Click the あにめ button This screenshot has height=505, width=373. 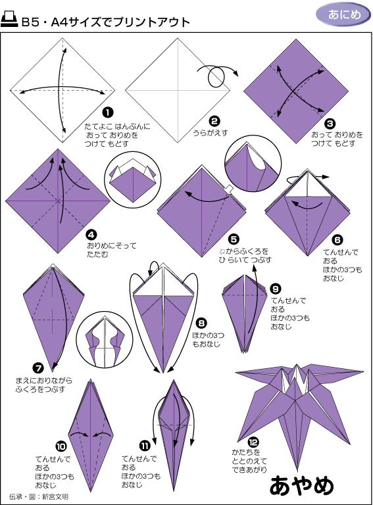click(x=342, y=14)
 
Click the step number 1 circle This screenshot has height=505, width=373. click(x=108, y=113)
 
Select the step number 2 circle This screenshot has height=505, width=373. click(x=214, y=120)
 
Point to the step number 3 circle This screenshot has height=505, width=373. click(x=330, y=123)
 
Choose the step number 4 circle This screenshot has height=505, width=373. click(x=91, y=233)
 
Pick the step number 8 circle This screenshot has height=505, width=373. click(x=201, y=323)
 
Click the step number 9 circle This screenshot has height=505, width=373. click(x=276, y=289)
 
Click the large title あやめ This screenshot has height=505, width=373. click(x=302, y=485)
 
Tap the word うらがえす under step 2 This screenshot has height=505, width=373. click(x=210, y=132)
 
